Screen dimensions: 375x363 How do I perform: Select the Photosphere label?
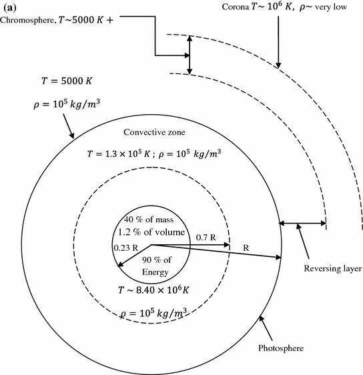pos(283,348)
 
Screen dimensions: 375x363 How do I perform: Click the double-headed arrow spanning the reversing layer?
pos(303,224)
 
